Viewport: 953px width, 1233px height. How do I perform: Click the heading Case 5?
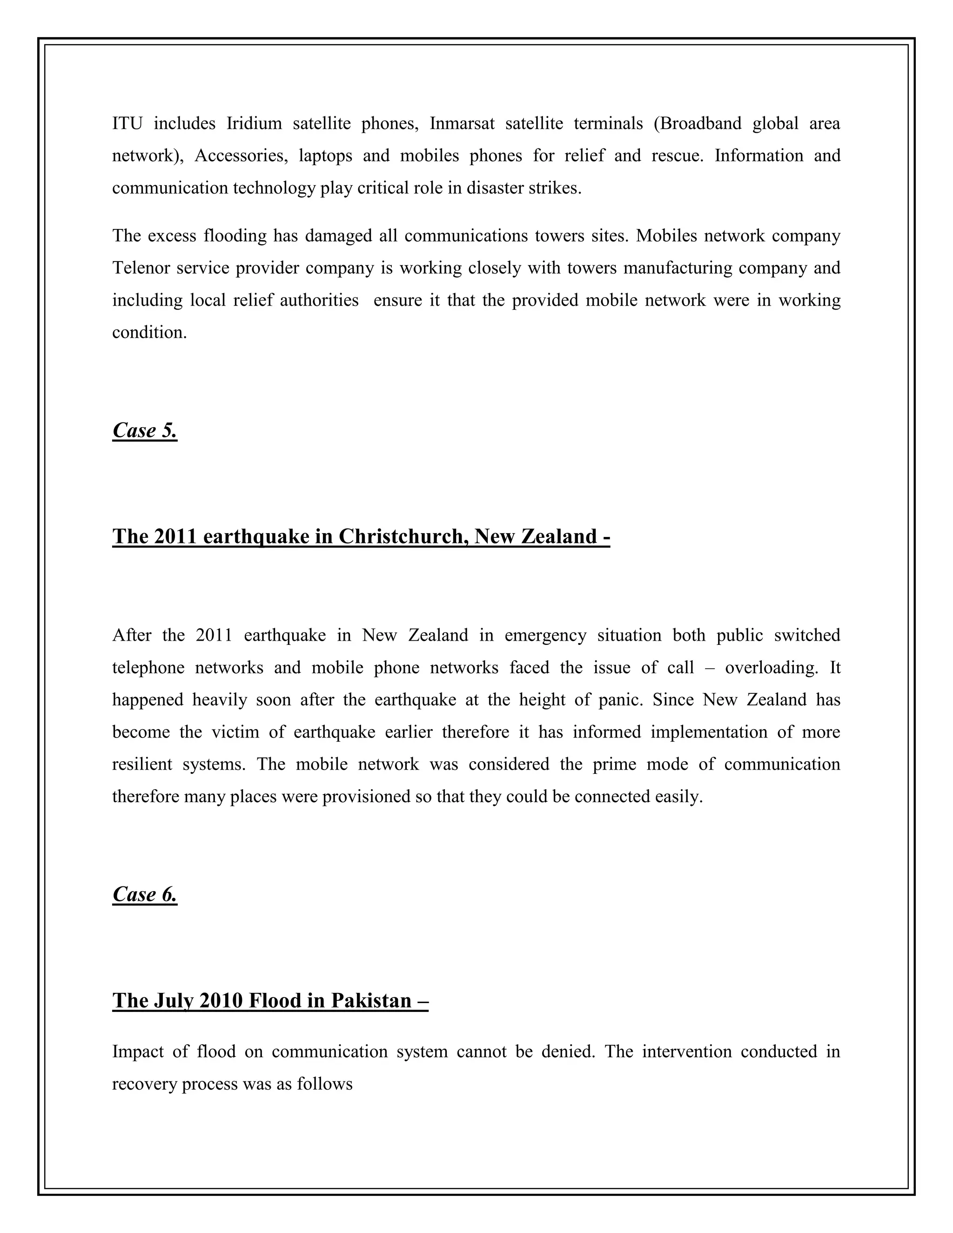[x=145, y=431]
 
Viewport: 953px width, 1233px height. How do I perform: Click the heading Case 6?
[x=145, y=894]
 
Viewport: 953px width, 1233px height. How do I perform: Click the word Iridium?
[x=254, y=124]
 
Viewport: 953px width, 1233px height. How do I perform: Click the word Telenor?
[x=141, y=268]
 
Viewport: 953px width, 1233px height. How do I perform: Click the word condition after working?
[x=149, y=333]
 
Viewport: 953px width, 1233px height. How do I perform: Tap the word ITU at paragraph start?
[x=127, y=124]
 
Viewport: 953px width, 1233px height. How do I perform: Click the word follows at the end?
[x=325, y=1084]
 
